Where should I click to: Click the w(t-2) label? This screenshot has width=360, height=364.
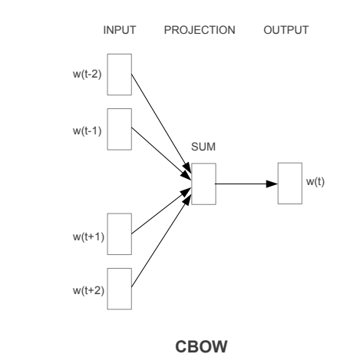point(88,74)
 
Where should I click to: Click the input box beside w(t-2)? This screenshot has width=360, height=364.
point(119,74)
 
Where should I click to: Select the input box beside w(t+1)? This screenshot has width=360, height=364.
point(119,235)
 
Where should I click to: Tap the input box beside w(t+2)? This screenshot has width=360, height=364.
point(119,289)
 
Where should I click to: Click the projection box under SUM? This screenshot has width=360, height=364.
point(203,184)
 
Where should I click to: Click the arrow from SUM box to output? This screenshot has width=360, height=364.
point(242,184)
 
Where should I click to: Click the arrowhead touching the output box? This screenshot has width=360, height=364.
point(272,184)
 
